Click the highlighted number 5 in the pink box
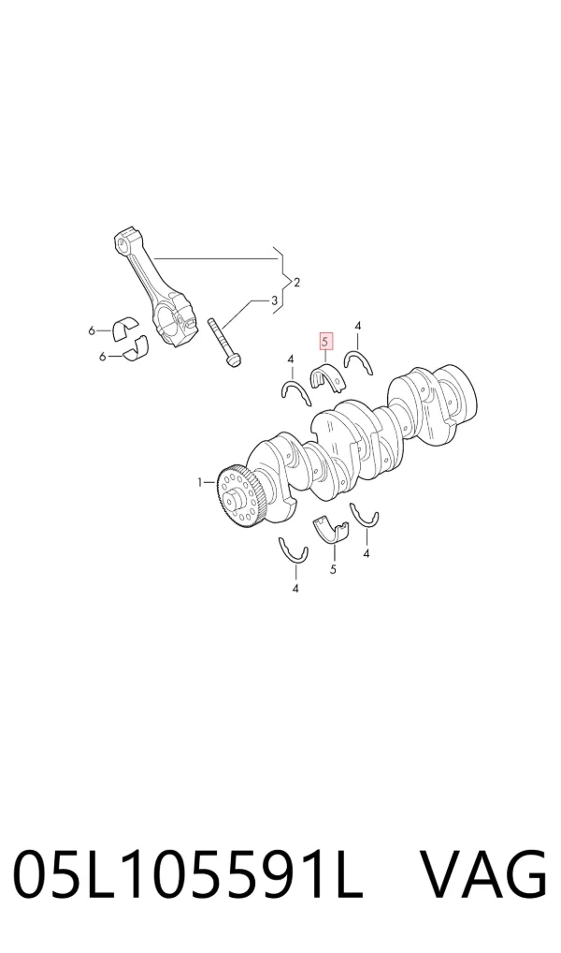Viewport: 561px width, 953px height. coord(325,343)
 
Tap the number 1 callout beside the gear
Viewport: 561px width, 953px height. coord(200,482)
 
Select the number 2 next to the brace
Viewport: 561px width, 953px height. coord(297,282)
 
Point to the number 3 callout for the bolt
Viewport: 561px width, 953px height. coord(274,300)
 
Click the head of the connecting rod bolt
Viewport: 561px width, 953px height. coord(232,361)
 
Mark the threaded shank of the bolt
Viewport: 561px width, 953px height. coord(219,336)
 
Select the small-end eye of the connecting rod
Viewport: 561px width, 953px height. coord(124,241)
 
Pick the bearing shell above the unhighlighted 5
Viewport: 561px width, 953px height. coord(333,530)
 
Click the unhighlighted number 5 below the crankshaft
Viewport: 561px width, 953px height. coord(333,569)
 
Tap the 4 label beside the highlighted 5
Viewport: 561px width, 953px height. coord(357,327)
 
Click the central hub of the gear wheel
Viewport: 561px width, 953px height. coord(234,500)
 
